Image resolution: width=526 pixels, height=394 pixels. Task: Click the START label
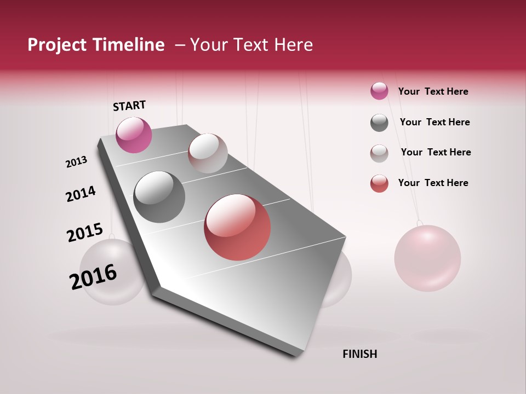(129, 106)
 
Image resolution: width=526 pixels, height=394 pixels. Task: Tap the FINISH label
(359, 354)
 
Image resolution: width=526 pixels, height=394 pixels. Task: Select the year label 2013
(77, 162)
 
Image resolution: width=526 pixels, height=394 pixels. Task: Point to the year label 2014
(81, 194)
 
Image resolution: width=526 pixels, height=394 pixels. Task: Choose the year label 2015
(85, 232)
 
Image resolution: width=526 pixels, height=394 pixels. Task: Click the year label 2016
(93, 276)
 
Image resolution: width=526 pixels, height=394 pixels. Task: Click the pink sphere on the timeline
(134, 135)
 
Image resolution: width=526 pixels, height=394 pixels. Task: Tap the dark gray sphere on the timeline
(159, 196)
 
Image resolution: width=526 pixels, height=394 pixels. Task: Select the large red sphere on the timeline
(237, 227)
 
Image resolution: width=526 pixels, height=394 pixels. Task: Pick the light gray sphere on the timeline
(208, 153)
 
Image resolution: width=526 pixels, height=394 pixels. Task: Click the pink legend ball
(379, 91)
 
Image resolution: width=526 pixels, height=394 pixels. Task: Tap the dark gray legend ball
(379, 123)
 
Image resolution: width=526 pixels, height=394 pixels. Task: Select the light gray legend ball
(379, 153)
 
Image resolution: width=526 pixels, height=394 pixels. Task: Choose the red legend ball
(379, 183)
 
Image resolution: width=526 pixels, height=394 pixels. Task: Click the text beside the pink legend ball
(433, 91)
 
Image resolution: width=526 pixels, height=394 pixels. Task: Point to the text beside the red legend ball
(433, 183)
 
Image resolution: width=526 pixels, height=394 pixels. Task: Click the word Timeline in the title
(129, 45)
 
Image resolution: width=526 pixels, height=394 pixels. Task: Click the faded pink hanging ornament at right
(427, 258)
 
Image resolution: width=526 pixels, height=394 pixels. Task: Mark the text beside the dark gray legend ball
(434, 122)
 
